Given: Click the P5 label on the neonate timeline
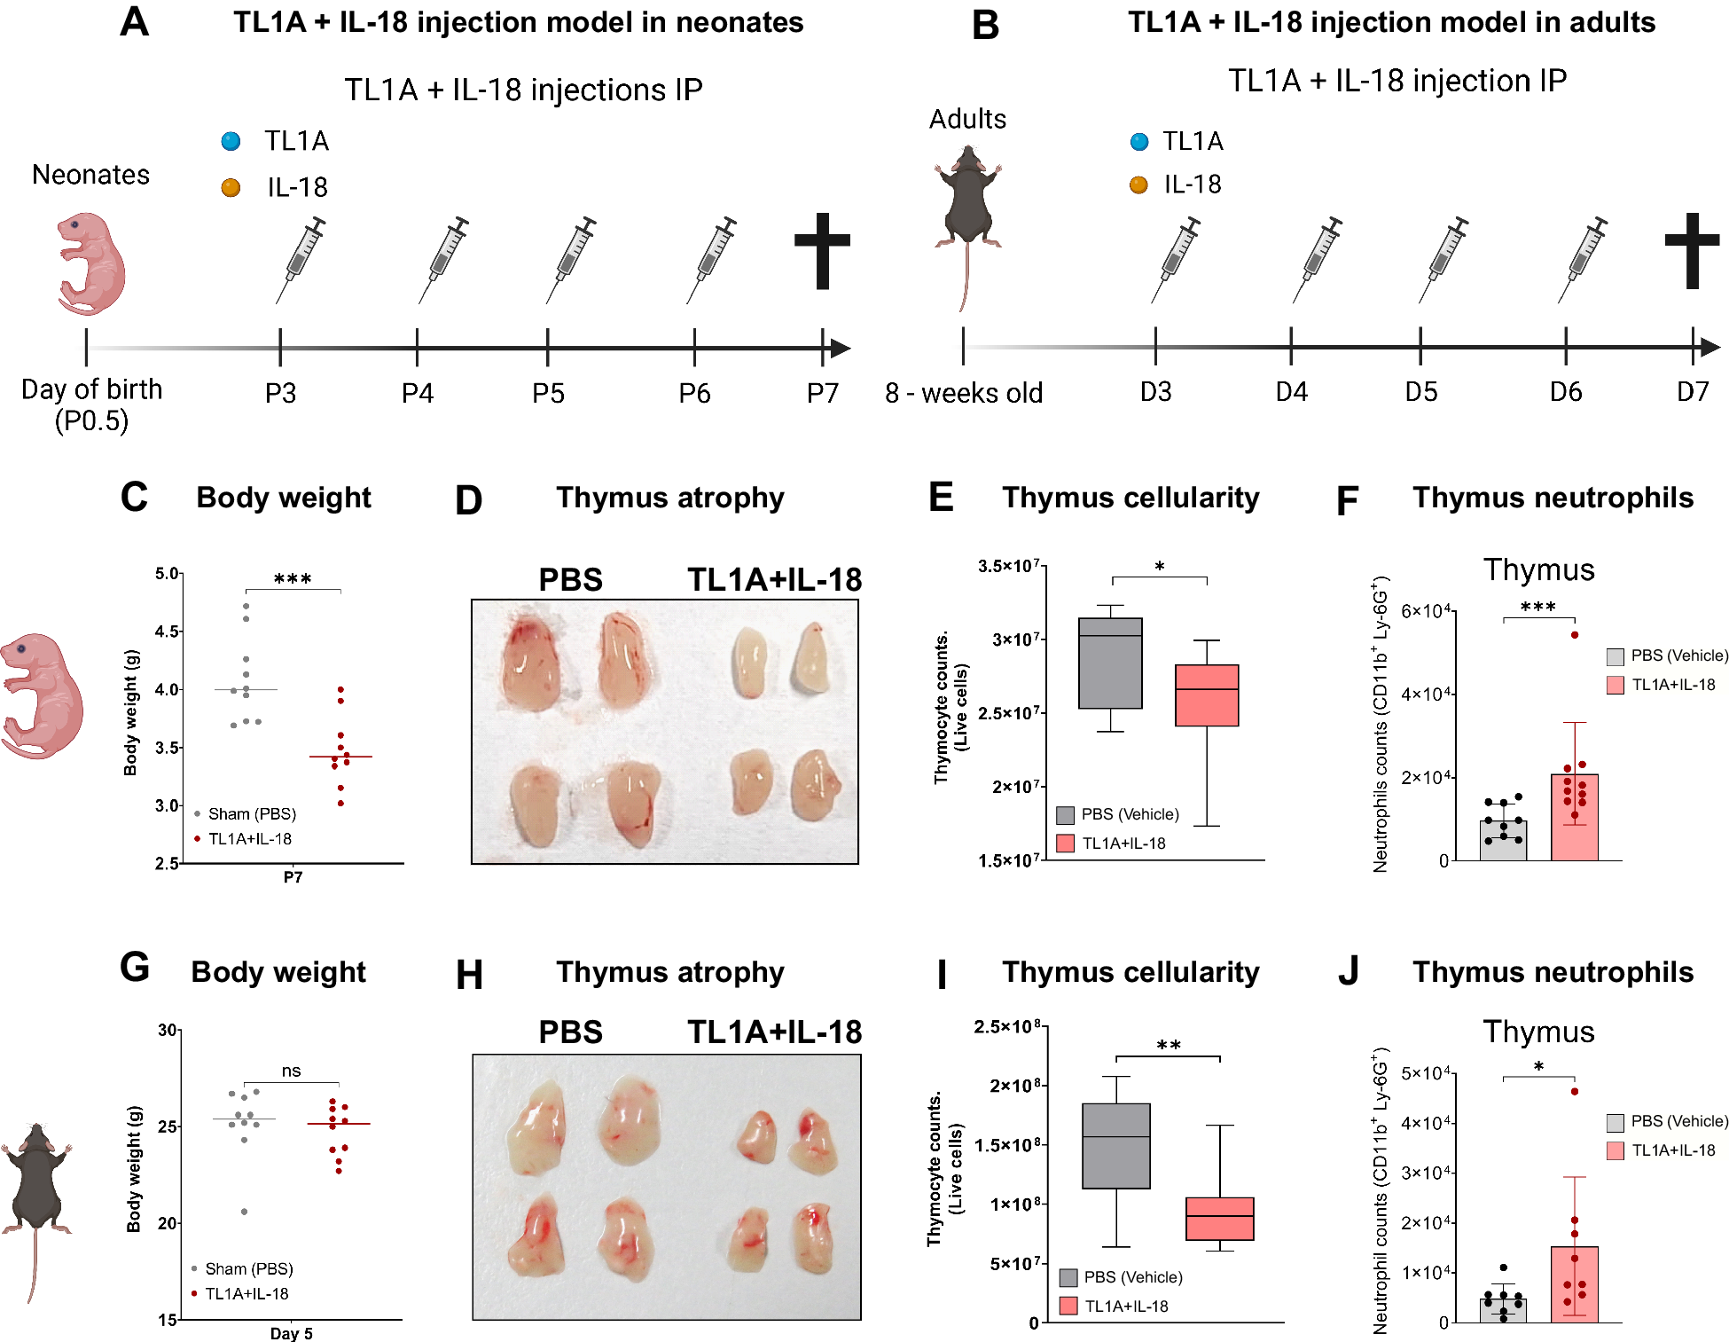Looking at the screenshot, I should (548, 393).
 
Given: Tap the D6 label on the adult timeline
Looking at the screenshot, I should (1566, 391).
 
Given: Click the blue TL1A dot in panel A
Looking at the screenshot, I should (231, 141).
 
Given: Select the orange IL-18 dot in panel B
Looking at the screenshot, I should (1138, 184).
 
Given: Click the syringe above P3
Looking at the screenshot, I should (301, 258).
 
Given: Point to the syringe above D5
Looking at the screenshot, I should (1443, 258).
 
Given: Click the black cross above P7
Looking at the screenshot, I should (822, 250).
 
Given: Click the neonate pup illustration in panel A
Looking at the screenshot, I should (90, 263).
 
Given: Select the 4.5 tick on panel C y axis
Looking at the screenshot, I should (167, 632).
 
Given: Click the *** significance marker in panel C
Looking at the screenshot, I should (293, 580).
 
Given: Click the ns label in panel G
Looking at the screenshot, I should (291, 1071).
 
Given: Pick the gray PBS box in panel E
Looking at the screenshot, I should (1110, 663).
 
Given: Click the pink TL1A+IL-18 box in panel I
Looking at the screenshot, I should (1219, 1219).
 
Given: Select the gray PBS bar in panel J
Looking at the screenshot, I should (1503, 1311).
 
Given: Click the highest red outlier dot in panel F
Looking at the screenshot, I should (1575, 635).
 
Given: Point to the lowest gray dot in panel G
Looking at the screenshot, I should (244, 1212).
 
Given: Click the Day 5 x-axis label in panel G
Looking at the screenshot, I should (291, 1333).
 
